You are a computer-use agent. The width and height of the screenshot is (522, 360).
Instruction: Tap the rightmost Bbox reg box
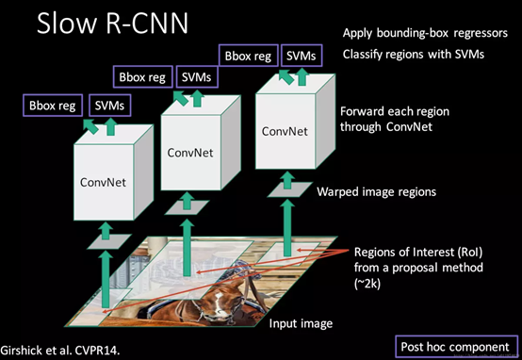click(248, 56)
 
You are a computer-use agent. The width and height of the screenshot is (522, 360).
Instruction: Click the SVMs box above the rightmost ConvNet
click(302, 56)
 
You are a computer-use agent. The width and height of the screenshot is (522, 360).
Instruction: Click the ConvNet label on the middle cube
click(191, 151)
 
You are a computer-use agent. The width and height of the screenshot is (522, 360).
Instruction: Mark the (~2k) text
click(371, 281)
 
